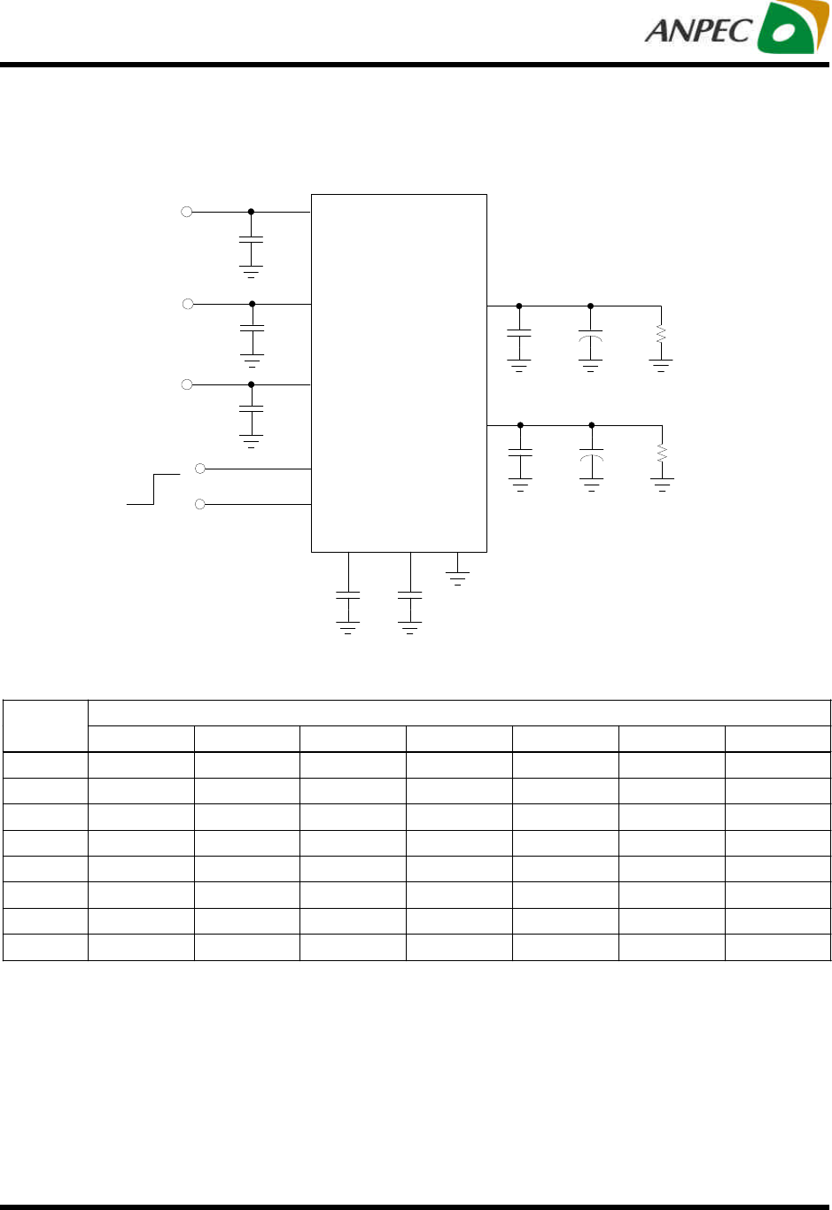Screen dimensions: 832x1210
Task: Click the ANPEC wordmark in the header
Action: tap(698, 30)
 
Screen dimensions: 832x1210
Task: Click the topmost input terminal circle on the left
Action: tap(186, 212)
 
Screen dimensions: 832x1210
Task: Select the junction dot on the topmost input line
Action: tap(251, 212)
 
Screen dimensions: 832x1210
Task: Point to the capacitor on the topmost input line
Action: tap(252, 239)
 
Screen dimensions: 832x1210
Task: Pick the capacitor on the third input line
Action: tap(252, 409)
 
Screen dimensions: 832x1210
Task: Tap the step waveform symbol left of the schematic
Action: tap(153, 489)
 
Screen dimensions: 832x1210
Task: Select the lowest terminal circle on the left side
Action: tap(199, 504)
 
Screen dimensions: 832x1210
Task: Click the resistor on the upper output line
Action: tap(661, 335)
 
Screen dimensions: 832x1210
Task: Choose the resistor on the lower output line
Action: tap(662, 454)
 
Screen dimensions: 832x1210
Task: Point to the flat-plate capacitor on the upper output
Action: tap(519, 334)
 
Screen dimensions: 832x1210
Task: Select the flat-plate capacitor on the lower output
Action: tap(520, 453)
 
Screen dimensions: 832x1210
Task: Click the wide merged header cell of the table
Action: tap(459, 713)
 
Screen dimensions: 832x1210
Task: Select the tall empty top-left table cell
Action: tap(45, 726)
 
